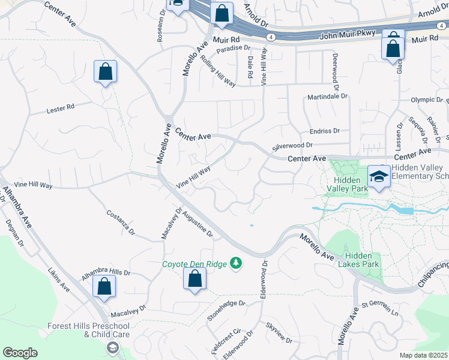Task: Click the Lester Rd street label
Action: (x=61, y=109)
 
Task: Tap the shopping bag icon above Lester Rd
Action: (x=106, y=72)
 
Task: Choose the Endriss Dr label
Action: (x=325, y=131)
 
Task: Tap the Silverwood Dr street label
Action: (x=293, y=145)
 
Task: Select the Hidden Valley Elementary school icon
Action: (x=379, y=176)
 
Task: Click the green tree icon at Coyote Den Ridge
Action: (x=237, y=263)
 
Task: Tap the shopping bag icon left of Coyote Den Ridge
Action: (x=194, y=279)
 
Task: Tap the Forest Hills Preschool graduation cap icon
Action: (x=112, y=348)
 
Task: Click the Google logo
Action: (x=20, y=353)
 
